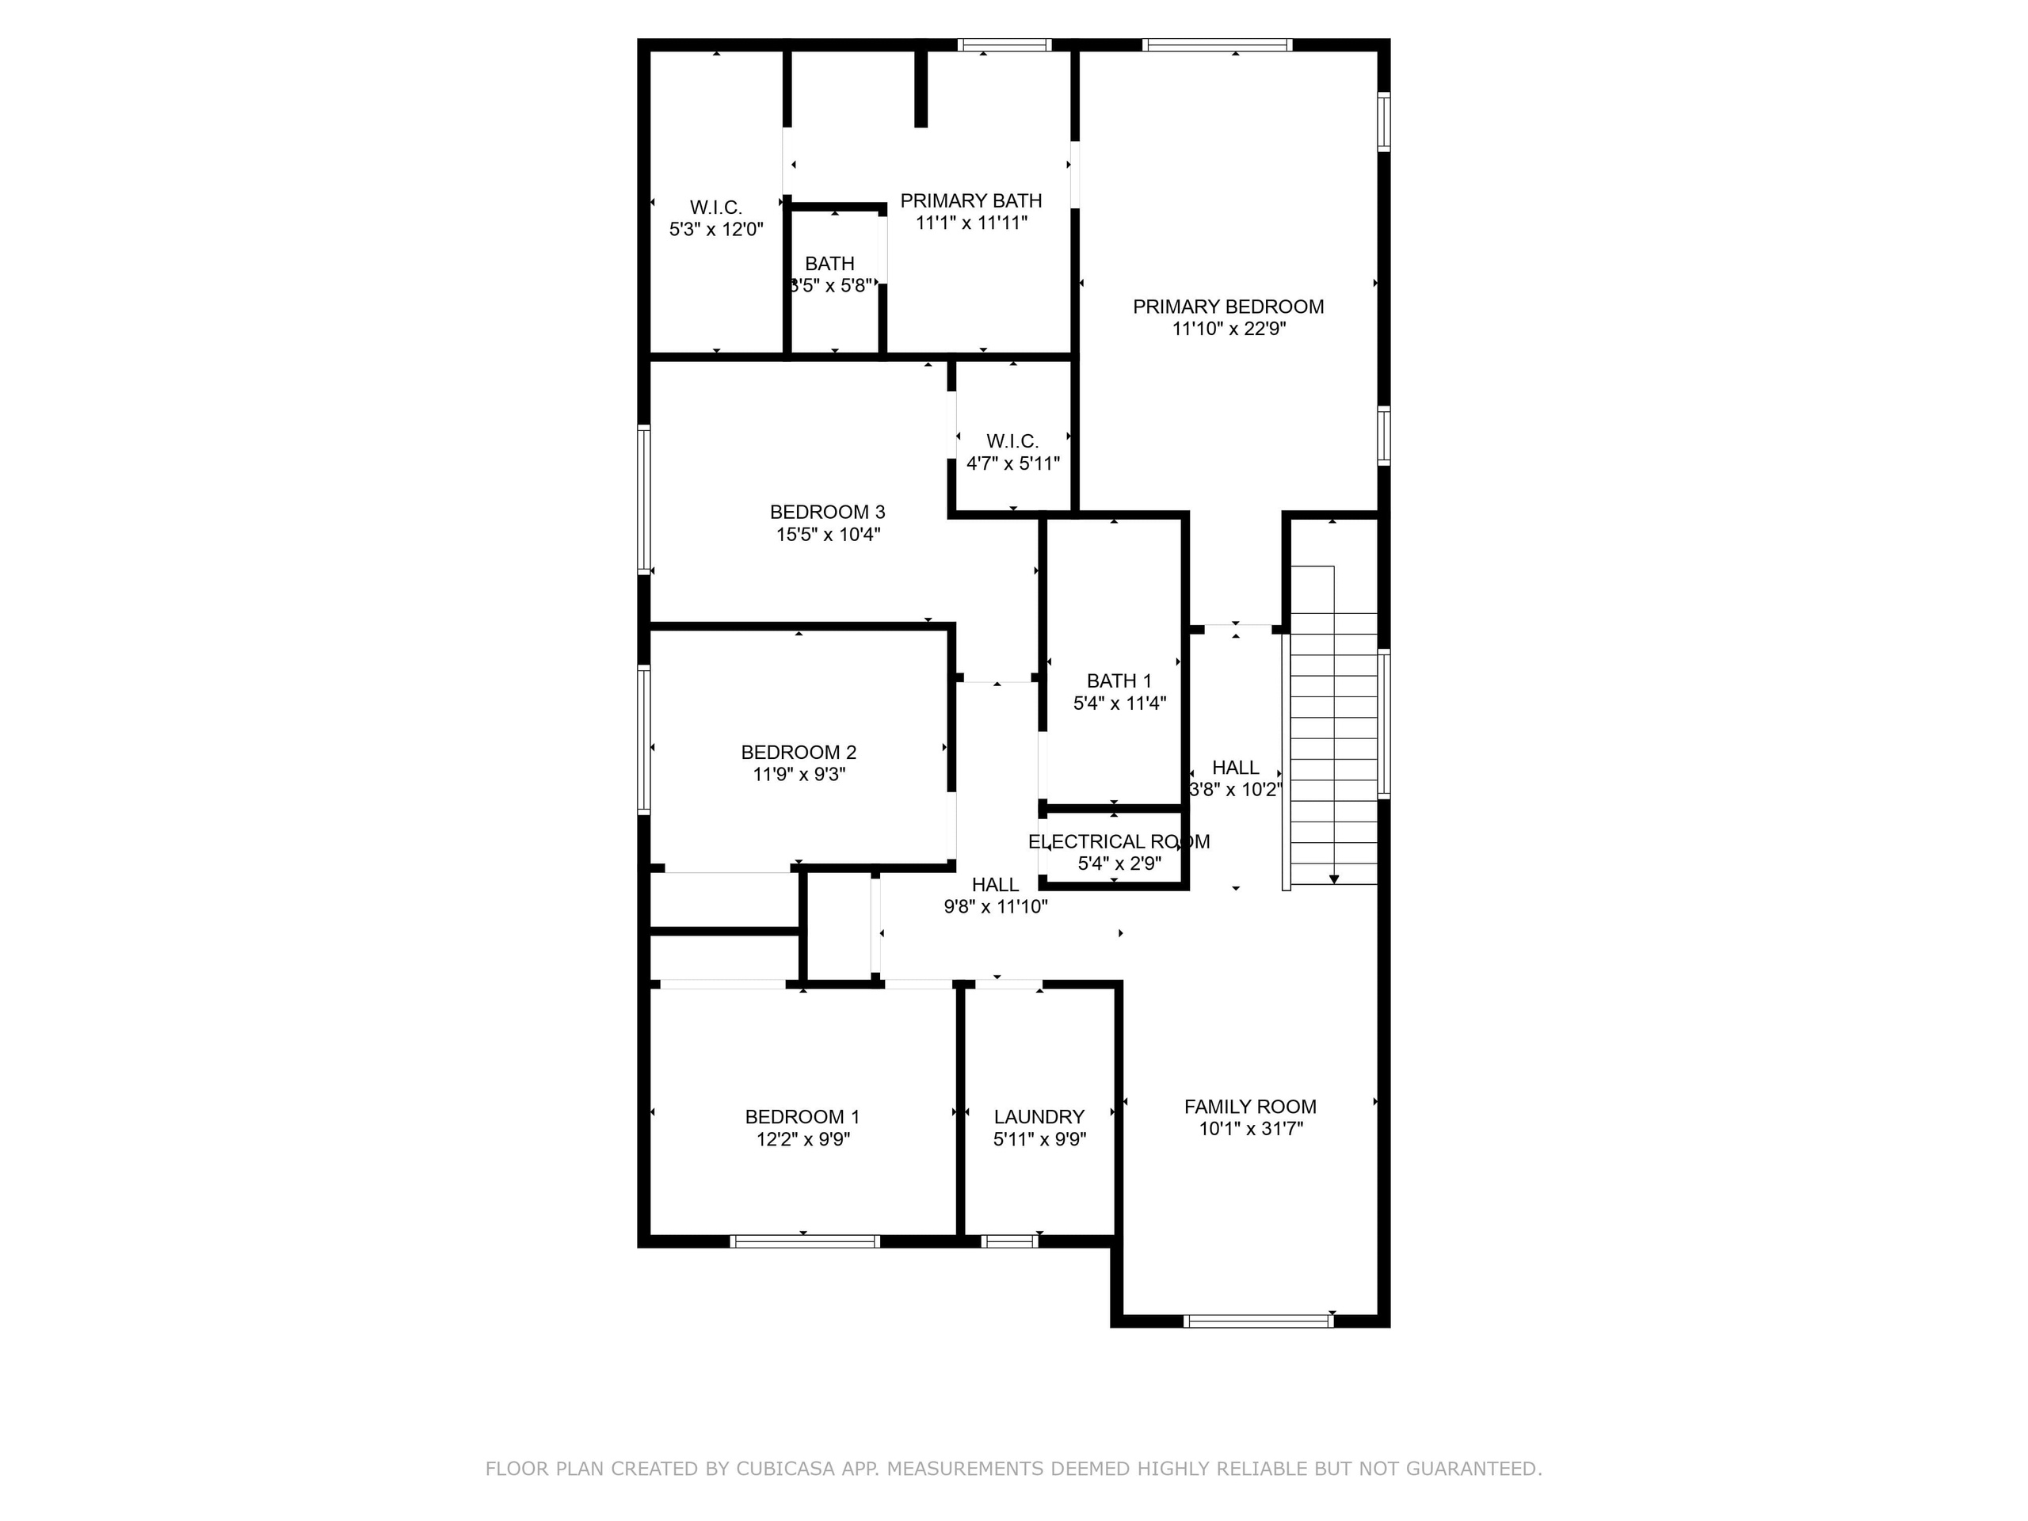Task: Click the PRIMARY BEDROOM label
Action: pos(1228,307)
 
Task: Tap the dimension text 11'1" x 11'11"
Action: pos(971,223)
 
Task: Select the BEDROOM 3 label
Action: pos(827,513)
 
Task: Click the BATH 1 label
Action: pos(1119,681)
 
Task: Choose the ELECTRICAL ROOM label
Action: pos(1119,841)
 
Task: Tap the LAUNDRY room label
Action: pos(1039,1117)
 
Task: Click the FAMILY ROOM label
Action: pos(1249,1107)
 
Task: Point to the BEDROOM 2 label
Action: pos(799,753)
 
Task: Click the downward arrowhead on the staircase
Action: pos(1334,879)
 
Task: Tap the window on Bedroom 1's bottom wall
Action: pos(804,1241)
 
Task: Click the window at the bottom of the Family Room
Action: pos(1258,1321)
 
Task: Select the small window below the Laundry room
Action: pos(1008,1241)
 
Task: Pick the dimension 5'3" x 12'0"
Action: pos(716,230)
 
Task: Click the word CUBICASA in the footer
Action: pos(786,1469)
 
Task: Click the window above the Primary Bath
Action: pos(1004,45)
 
